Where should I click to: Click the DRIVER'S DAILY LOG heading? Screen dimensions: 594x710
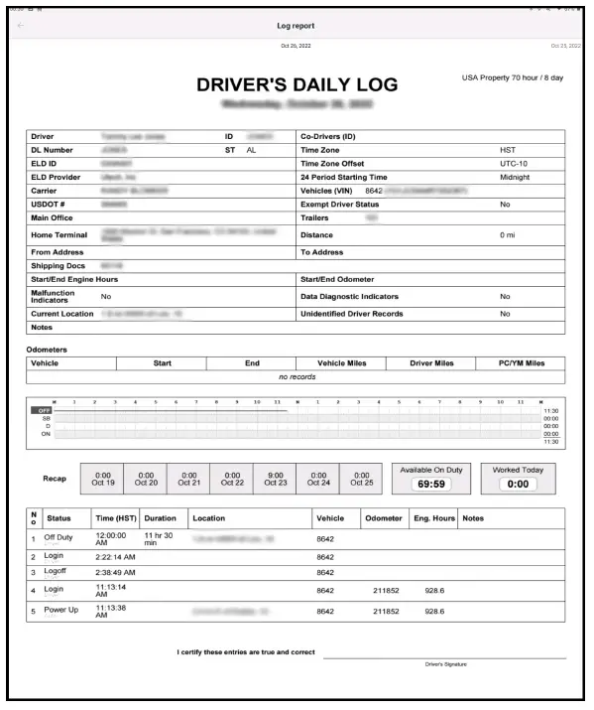297,86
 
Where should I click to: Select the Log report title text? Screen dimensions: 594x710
297,24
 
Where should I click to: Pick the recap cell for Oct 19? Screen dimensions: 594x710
102,480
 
